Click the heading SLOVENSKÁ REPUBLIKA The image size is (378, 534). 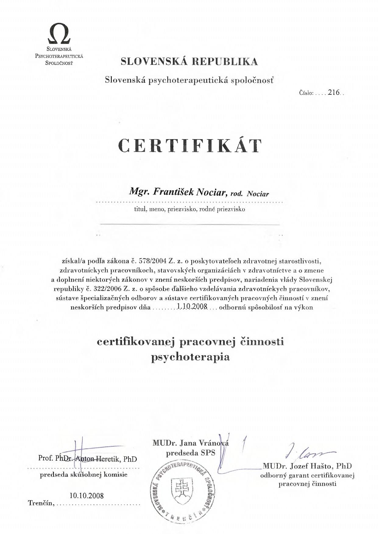coord(189,61)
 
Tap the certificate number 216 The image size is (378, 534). coord(334,93)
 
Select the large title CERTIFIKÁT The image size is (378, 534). coord(190,146)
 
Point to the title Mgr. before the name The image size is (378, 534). coord(139,192)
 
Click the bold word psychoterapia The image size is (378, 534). coord(190,357)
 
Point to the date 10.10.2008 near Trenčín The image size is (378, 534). coord(87,496)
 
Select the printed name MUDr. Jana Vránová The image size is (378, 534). coord(190,443)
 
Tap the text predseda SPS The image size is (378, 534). coord(190,453)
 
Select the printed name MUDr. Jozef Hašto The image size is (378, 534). coord(307,466)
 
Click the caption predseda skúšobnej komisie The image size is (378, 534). coord(83,475)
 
